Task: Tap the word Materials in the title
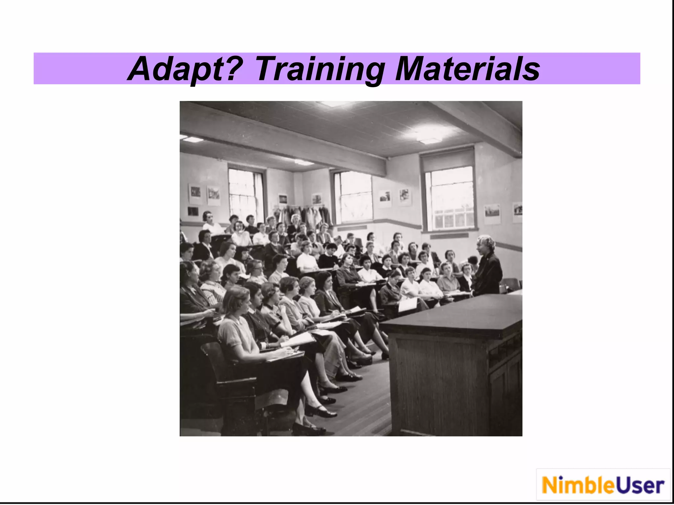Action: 467,69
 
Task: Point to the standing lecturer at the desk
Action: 488,266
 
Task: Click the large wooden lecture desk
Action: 454,362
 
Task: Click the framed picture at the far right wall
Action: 517,212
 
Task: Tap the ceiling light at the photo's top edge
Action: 332,104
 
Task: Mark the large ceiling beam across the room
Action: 283,138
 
